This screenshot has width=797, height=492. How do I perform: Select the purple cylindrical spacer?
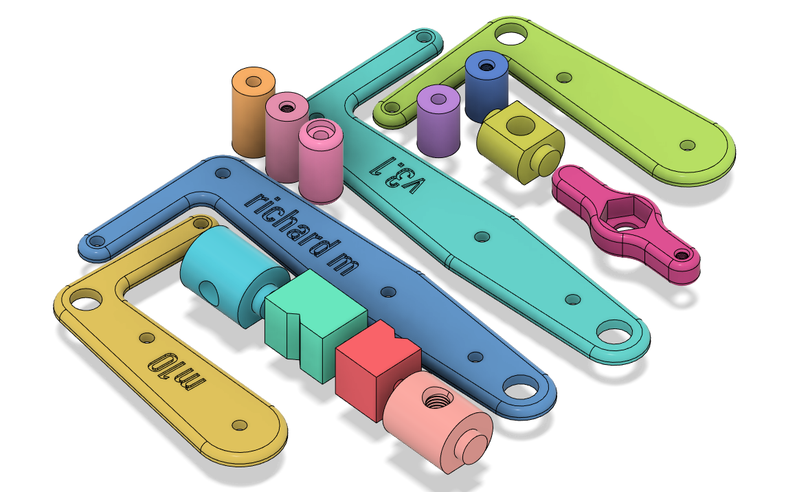coord(438,120)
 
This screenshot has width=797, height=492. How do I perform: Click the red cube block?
coord(377,370)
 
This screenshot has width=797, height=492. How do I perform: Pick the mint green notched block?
coord(315,325)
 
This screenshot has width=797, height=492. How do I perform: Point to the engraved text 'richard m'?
coord(302,234)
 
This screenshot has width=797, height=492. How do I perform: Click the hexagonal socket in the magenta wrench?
coord(620,214)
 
